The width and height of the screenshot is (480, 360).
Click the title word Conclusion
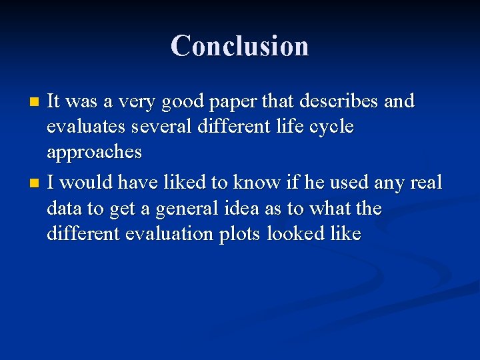click(239, 46)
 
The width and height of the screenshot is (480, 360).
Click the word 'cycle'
click(328, 127)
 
